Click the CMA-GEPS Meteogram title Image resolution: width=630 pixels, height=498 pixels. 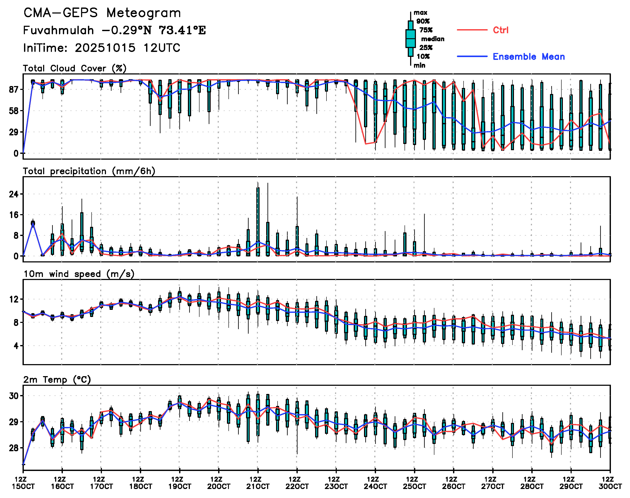[x=102, y=13]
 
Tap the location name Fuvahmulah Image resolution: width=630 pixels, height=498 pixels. [x=58, y=30]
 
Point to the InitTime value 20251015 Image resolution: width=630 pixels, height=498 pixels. [x=105, y=48]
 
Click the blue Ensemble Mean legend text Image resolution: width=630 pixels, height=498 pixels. [x=529, y=57]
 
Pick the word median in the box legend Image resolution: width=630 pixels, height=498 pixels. [x=433, y=39]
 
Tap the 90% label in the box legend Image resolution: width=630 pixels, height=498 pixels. [x=423, y=21]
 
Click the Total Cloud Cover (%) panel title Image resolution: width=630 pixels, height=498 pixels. [x=75, y=68]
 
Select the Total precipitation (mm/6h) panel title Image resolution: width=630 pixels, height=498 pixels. [x=89, y=171]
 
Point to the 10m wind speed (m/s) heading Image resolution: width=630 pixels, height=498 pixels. [x=79, y=274]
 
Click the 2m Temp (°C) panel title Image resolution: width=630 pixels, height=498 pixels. [x=57, y=380]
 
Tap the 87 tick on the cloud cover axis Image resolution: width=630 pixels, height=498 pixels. [x=14, y=89]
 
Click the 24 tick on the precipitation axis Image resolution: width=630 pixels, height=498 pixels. [x=14, y=194]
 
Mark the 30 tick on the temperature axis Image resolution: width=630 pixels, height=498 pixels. [x=14, y=396]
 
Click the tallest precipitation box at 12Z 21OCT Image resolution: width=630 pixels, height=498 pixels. [x=258, y=222]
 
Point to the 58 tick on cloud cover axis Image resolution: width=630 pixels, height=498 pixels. [x=14, y=111]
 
